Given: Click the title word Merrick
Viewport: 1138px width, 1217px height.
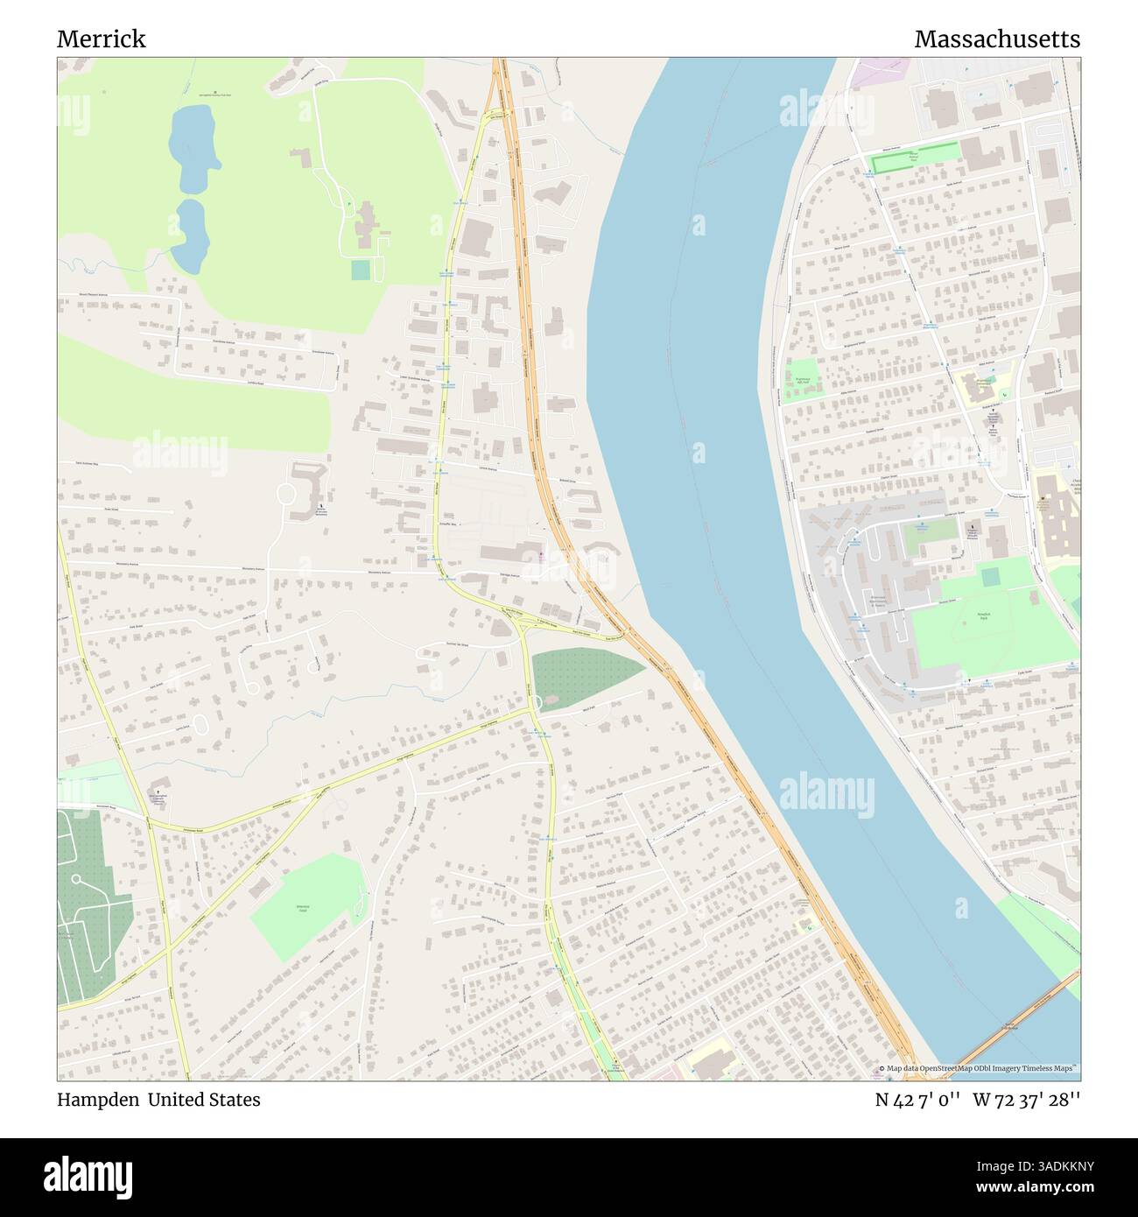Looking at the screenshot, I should pyautogui.click(x=102, y=39).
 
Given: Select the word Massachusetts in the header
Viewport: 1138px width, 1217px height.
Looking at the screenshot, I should pyautogui.click(x=997, y=39).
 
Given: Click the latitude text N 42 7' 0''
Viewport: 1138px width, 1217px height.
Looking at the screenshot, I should pyautogui.click(x=918, y=1100).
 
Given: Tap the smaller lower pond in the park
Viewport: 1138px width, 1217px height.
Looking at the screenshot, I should pyautogui.click(x=187, y=233).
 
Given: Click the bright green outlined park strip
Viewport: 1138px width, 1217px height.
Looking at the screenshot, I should pyautogui.click(x=915, y=157).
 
